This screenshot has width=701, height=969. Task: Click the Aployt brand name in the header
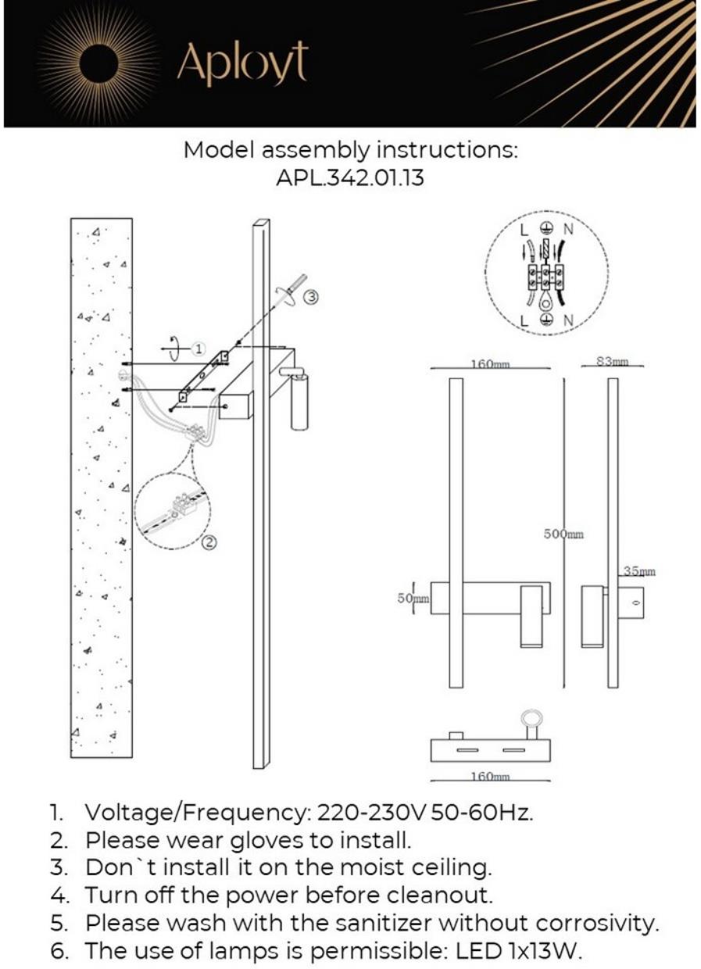[242, 64]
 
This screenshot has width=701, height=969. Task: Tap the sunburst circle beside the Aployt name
[100, 63]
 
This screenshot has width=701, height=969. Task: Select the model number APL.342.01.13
[350, 177]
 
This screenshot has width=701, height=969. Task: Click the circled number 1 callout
[198, 348]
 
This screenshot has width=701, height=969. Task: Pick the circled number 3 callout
[311, 296]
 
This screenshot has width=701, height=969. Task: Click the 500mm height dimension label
[563, 535]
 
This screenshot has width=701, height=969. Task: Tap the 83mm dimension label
[613, 361]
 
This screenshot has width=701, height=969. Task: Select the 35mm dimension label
[639, 572]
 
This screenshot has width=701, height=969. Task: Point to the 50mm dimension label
[413, 599]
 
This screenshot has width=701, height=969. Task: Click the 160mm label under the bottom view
[490, 777]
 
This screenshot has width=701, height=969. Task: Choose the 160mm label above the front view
[490, 364]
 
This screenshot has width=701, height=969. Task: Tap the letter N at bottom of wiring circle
[568, 320]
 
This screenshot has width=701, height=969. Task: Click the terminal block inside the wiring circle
[546, 275]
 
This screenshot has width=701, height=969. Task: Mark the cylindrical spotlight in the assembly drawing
[300, 401]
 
